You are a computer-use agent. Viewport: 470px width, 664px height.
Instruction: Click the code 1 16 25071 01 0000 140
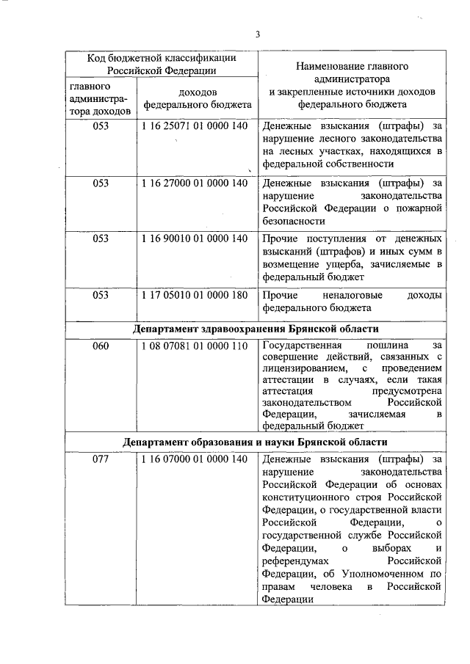click(195, 126)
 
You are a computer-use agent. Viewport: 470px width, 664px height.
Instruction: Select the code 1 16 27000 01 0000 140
click(195, 183)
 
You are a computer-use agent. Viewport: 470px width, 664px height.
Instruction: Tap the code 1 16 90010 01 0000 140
click(195, 239)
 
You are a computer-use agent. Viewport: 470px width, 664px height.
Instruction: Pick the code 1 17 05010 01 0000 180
click(195, 295)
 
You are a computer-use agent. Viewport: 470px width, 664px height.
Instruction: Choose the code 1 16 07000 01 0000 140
click(195, 459)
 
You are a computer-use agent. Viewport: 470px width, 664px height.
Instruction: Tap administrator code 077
click(101, 459)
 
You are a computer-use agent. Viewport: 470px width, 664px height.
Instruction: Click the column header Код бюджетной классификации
click(162, 59)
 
